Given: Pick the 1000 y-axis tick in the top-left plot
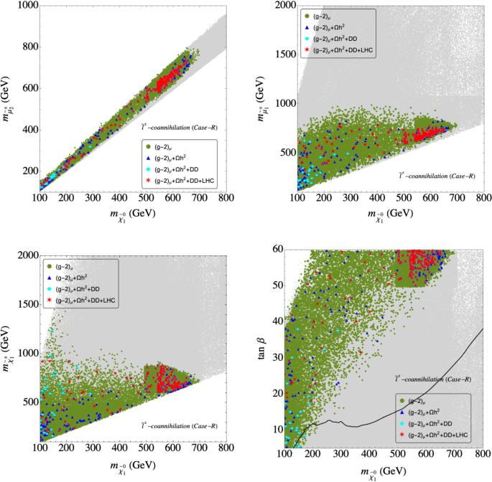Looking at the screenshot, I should [x=27, y=6].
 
